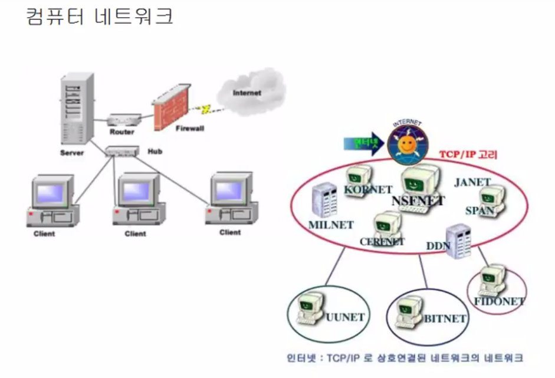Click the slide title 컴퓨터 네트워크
click(x=100, y=17)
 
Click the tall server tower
click(x=77, y=109)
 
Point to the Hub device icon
click(x=121, y=152)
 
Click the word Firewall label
click(x=189, y=128)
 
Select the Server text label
click(x=72, y=153)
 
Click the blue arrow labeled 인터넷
click(x=361, y=143)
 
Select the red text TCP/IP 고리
click(x=468, y=155)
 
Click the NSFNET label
click(x=418, y=200)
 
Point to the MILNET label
click(x=331, y=225)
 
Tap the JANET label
click(x=472, y=183)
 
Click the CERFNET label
click(x=382, y=242)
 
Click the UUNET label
click(x=345, y=317)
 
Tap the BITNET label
click(x=445, y=319)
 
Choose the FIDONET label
click(x=499, y=301)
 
